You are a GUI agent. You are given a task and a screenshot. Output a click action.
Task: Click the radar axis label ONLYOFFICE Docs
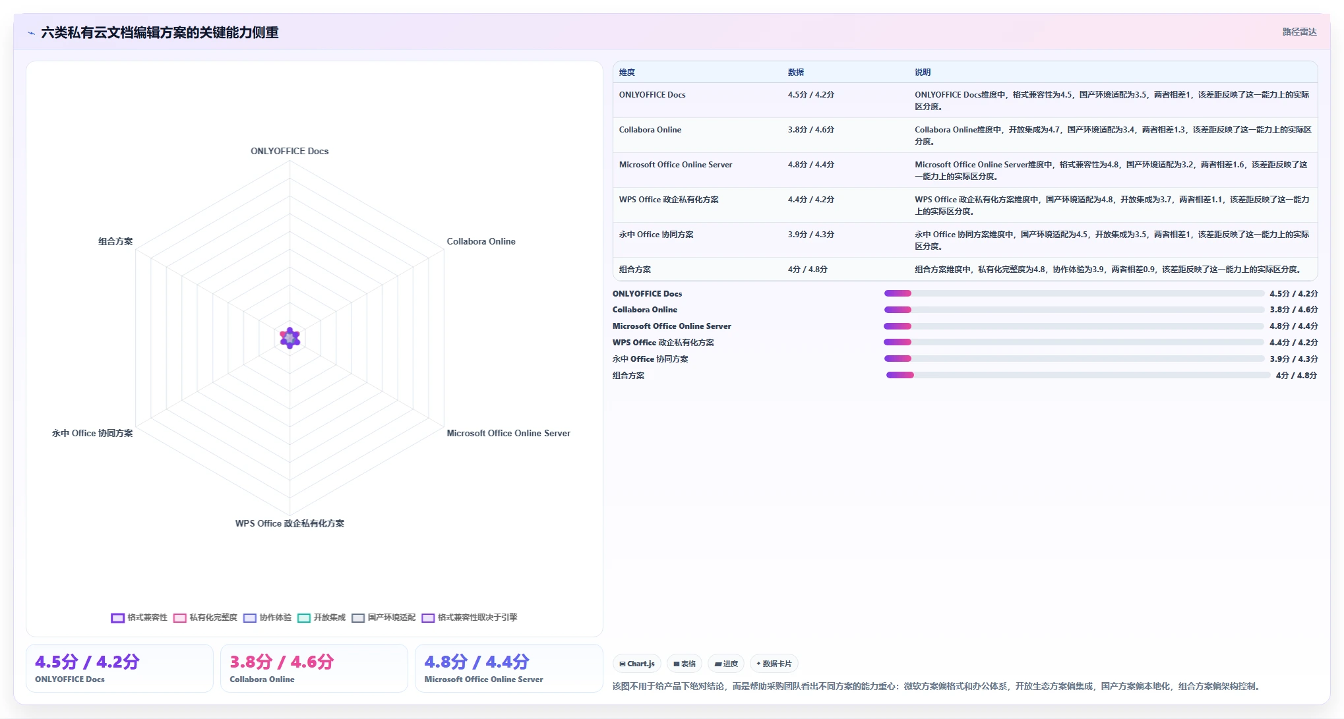(290, 151)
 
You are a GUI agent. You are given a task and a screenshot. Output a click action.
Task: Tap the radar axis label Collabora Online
(481, 241)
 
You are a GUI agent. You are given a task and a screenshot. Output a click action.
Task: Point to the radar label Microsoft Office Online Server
(508, 433)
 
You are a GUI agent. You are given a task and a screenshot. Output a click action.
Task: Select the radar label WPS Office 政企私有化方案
(290, 523)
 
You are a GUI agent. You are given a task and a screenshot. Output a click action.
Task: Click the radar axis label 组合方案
(115, 241)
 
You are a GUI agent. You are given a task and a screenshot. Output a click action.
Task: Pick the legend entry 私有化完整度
(205, 618)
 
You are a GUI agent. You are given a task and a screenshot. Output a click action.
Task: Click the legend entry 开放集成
(321, 618)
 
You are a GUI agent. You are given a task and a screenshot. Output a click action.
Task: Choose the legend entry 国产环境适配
(384, 618)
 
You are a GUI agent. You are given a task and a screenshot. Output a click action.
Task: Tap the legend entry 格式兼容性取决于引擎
(470, 618)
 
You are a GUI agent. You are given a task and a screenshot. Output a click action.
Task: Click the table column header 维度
(627, 72)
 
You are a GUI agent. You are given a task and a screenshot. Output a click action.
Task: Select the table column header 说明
(923, 72)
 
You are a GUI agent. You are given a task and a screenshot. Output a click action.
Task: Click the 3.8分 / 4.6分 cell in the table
(811, 130)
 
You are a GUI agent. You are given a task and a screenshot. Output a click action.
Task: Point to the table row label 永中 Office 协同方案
(656, 235)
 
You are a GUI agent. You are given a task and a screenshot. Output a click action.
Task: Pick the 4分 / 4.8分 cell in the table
(808, 270)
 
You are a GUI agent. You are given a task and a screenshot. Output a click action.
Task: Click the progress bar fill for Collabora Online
(898, 310)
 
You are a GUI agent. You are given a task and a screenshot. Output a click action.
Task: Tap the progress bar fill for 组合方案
(900, 375)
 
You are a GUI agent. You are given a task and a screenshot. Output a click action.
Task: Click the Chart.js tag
(637, 664)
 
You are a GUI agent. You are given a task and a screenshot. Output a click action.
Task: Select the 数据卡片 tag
(774, 664)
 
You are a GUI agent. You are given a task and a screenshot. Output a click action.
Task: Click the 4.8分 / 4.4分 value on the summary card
(477, 662)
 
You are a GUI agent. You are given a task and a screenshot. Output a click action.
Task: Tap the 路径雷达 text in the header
(1299, 32)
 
